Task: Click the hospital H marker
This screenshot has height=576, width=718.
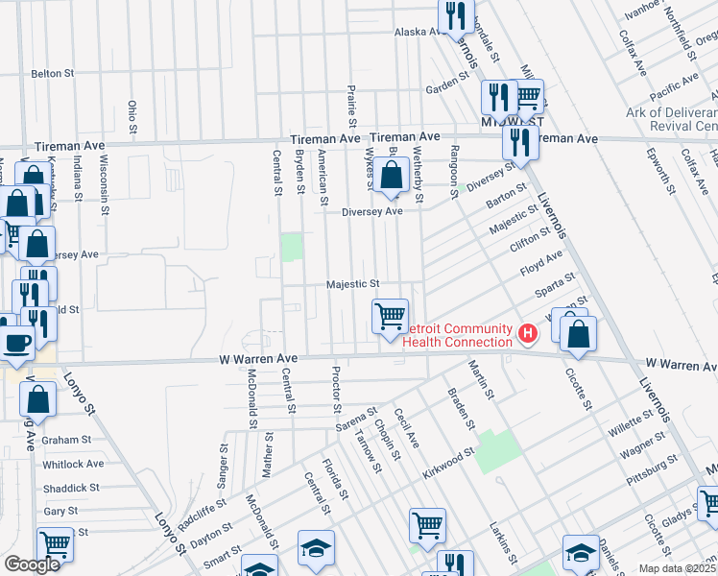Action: pyautogui.click(x=527, y=334)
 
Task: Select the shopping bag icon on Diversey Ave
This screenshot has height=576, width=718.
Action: pyautogui.click(x=391, y=176)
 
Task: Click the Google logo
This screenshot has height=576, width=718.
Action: pyautogui.click(x=33, y=564)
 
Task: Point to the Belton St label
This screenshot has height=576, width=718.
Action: pyautogui.click(x=53, y=73)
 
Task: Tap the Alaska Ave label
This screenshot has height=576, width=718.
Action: pyautogui.click(x=418, y=32)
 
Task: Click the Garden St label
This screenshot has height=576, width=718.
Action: pyautogui.click(x=446, y=86)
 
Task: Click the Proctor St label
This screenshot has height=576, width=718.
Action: pyautogui.click(x=336, y=384)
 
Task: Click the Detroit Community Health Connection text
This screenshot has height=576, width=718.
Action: pyautogui.click(x=457, y=336)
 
